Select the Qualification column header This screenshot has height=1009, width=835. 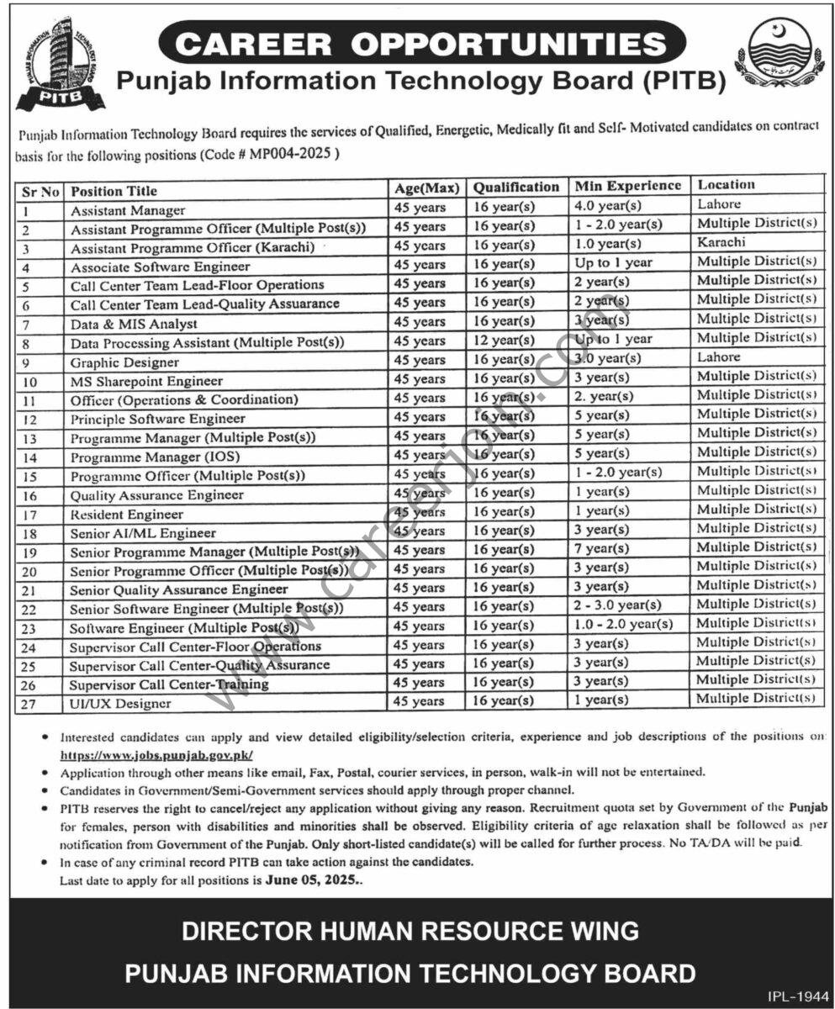515,187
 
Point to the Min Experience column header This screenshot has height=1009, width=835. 627,186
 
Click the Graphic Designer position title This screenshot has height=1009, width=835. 124,362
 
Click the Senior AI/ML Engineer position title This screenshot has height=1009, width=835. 143,533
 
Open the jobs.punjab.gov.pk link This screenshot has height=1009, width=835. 156,757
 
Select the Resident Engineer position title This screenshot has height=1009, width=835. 126,514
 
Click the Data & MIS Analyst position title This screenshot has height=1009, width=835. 134,323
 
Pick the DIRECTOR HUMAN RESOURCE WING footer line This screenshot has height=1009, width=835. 410,932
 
